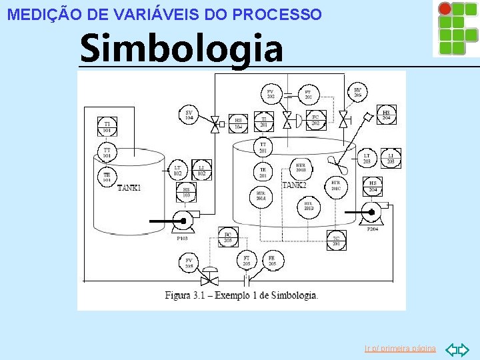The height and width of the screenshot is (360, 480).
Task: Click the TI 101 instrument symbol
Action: pyautogui.click(x=107, y=127)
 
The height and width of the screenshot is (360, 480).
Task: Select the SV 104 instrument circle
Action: pyautogui.click(x=189, y=115)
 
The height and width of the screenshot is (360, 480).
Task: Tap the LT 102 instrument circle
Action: pyautogui.click(x=177, y=170)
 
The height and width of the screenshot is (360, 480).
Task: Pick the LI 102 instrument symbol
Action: pyautogui.click(x=201, y=170)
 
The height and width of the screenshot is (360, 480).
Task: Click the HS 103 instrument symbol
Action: pyautogui.click(x=186, y=193)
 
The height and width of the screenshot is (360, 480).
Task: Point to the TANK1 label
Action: pyautogui.click(x=129, y=188)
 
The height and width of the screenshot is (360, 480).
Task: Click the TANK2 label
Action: pyautogui.click(x=294, y=185)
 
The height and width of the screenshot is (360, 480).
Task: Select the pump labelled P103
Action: pyautogui.click(x=181, y=219)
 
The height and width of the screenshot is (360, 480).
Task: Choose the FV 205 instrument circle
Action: pyautogui.click(x=189, y=263)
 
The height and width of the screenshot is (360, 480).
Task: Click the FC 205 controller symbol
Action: pyautogui.click(x=227, y=237)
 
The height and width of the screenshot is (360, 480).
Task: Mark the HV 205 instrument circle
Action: pyautogui.click(x=357, y=93)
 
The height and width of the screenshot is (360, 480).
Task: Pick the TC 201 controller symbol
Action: pyautogui.click(x=336, y=241)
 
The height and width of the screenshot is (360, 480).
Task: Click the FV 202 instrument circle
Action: pyautogui.click(x=271, y=94)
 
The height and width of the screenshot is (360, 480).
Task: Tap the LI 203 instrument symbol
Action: pyautogui.click(x=391, y=157)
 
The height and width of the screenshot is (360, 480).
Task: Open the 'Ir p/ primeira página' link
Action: pyautogui.click(x=400, y=349)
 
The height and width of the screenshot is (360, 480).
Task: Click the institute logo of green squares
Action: pyautogui.click(x=455, y=27)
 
